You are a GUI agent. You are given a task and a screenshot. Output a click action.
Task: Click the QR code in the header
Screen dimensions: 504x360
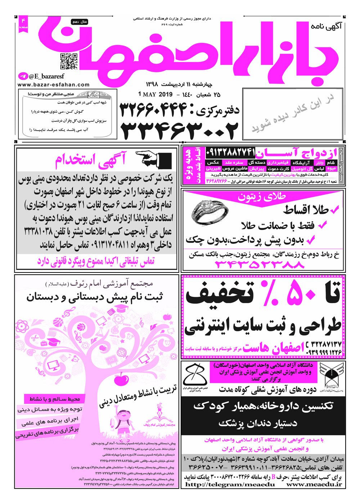pos(68,61)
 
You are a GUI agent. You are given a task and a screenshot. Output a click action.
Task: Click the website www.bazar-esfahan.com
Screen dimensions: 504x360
pos(53,85)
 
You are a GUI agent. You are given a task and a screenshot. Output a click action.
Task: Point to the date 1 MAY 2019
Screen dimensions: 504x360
pos(156,95)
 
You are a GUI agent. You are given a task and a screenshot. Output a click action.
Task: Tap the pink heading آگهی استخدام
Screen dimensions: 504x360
pos(91,160)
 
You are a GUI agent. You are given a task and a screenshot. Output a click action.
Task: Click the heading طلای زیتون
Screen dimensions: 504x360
pos(262,197)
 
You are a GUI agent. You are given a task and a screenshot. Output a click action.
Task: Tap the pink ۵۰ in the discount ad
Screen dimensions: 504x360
pos(302,294)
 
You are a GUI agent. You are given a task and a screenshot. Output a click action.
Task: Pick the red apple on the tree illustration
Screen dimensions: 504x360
pos(121,379)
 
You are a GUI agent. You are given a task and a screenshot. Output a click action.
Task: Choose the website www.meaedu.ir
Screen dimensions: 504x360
pos(314,485)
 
